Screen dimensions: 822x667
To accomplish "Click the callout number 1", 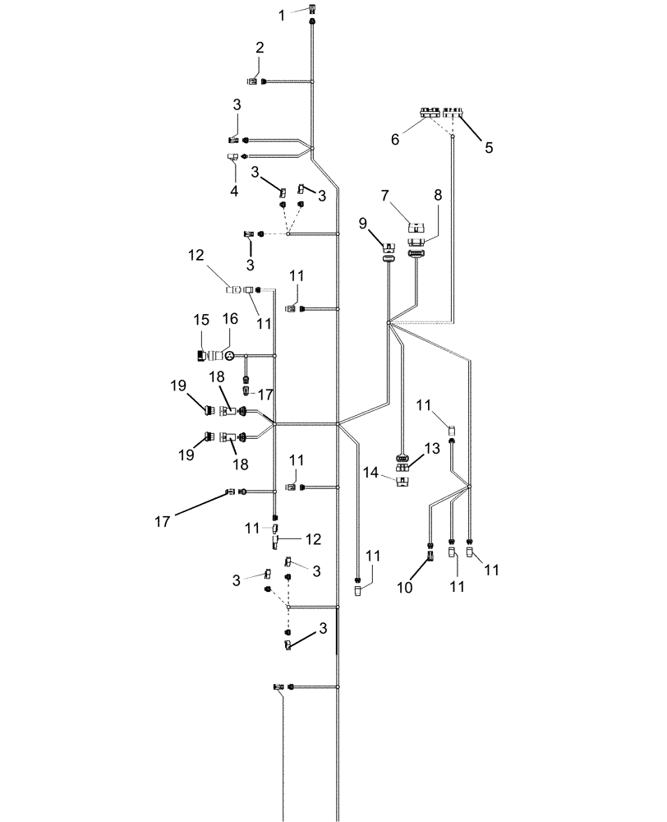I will tap(282, 15).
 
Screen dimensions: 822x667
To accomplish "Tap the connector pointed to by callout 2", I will tap(252, 81).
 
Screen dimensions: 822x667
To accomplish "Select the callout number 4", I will tap(234, 191).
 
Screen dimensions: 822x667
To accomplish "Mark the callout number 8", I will tap(438, 196).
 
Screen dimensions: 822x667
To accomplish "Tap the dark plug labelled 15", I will tap(201, 355).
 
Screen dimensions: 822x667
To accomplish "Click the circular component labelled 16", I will tap(230, 355).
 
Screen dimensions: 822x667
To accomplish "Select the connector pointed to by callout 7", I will tap(417, 224).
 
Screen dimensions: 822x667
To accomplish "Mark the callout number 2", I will tap(260, 48).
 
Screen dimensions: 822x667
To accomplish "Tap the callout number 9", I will tap(363, 223).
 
